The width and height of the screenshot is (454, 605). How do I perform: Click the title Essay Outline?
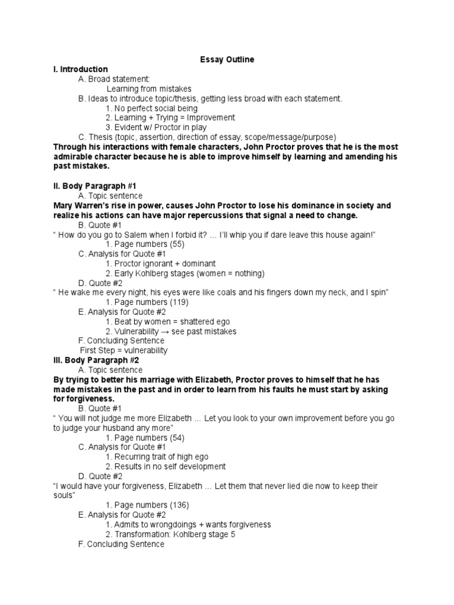pyautogui.click(x=226, y=60)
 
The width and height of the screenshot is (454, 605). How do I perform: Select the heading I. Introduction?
pyautogui.click(x=80, y=69)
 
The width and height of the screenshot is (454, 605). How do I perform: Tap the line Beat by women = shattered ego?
pyautogui.click(x=168, y=321)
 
